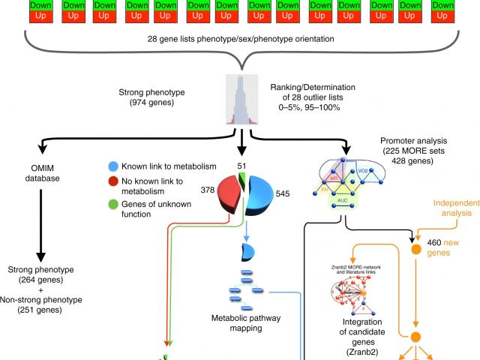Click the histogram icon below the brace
click(x=239, y=98)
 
